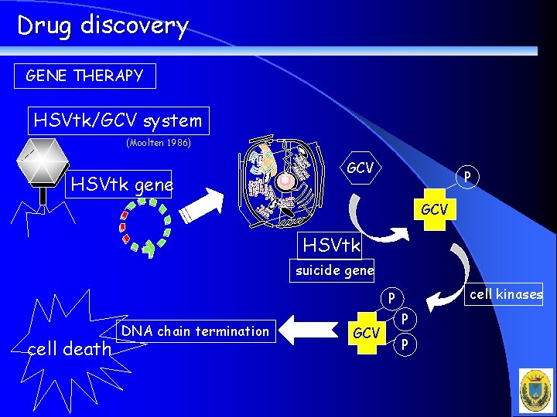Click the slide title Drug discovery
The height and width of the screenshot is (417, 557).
tap(103, 25)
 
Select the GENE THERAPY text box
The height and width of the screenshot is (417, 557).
tap(85, 76)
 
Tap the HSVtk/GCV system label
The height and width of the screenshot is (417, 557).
tap(118, 120)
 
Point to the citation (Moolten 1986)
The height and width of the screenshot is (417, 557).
tap(158, 143)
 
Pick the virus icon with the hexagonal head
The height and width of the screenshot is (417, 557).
tap(43, 165)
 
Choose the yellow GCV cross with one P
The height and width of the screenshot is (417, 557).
tap(433, 208)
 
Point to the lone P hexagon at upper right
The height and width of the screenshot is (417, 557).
tap(467, 177)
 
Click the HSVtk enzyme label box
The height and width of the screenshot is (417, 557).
tap(331, 246)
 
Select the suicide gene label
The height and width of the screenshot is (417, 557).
tap(334, 270)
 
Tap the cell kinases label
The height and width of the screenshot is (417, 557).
tap(507, 293)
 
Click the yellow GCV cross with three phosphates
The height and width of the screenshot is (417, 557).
tap(366, 333)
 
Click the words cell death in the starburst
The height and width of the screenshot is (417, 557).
tap(70, 349)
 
